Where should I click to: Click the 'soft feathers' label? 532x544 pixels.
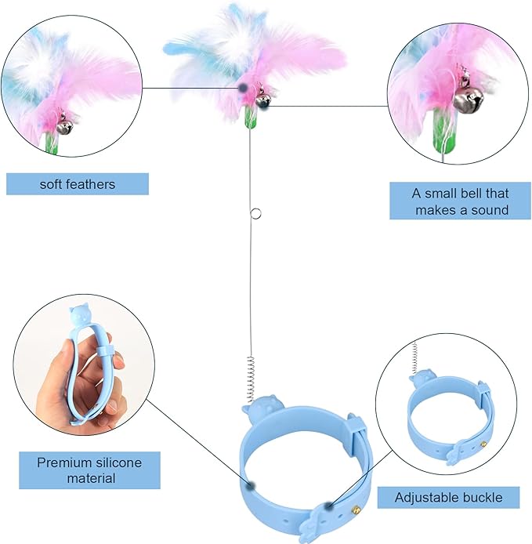pyautogui.click(x=77, y=184)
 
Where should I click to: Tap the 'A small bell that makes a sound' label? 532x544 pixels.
pyautogui.click(x=460, y=201)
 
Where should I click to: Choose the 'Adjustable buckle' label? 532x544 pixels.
pyautogui.click(x=447, y=497)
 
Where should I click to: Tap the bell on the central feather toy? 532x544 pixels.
pyautogui.click(x=263, y=100)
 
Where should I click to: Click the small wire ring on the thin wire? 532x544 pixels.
pyautogui.click(x=254, y=212)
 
